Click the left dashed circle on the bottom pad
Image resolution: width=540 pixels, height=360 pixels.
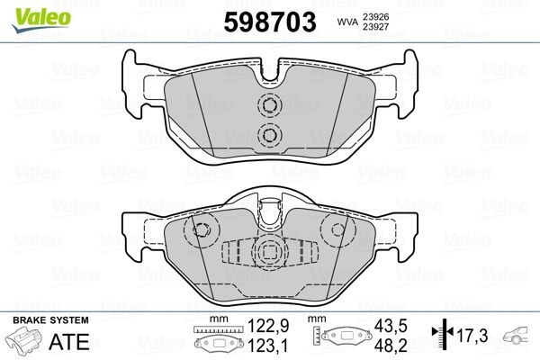pos(202,230)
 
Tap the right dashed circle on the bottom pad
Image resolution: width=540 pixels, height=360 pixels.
pos(338,230)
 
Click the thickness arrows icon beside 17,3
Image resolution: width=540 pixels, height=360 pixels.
pos(438,337)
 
